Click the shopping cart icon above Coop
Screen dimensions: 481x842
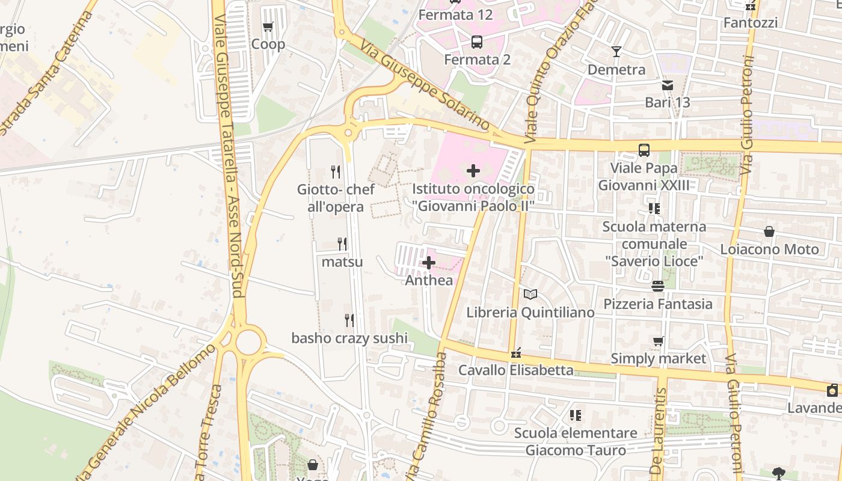(x=268, y=26)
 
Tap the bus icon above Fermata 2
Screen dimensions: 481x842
(x=477, y=42)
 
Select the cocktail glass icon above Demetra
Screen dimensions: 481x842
(x=616, y=52)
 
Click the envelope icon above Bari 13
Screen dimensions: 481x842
(x=668, y=85)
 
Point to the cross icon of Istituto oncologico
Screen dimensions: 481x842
(x=473, y=171)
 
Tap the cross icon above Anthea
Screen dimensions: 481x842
(x=429, y=263)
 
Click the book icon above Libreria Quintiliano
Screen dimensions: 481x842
(x=530, y=295)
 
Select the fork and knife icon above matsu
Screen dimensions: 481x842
(x=342, y=244)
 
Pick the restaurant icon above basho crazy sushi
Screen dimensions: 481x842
(x=349, y=320)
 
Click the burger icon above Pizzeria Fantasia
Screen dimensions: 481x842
(x=658, y=286)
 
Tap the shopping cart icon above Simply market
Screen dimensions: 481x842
(x=659, y=341)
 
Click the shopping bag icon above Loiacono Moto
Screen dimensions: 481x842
(x=769, y=231)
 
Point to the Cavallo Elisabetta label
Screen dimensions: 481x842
(x=516, y=370)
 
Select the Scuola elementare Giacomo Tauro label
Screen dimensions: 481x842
(x=576, y=441)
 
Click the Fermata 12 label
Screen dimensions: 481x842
(x=455, y=14)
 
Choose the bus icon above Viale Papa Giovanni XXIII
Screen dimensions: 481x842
(x=644, y=150)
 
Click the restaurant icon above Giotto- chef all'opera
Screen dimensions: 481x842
(x=336, y=172)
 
